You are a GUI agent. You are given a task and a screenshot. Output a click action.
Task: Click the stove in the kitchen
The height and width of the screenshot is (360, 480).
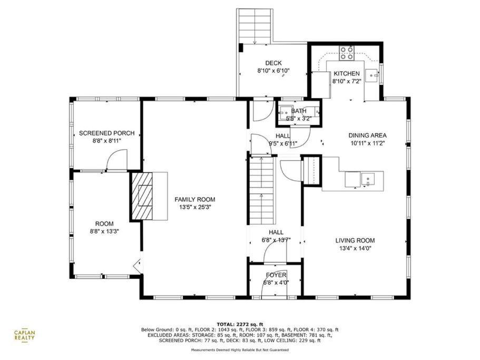pos(346,53)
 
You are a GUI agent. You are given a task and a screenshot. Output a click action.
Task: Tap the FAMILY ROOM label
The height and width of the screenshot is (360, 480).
pos(195,200)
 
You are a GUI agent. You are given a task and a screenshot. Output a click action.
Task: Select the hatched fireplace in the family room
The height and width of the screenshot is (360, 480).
pos(142,196)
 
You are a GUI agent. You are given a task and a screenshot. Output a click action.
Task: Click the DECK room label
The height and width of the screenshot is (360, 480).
pos(273,63)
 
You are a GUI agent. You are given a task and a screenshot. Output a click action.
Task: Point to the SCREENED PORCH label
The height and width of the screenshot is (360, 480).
pos(107,133)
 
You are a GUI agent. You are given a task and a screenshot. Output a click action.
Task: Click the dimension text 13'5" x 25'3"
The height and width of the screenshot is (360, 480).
pos(195,207)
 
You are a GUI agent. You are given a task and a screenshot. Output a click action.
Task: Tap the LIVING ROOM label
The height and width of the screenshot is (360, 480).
pos(355,240)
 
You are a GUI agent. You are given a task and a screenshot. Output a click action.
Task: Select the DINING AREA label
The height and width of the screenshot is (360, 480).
pos(368,135)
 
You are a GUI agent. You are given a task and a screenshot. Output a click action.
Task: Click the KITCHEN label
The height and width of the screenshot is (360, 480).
pos(347,73)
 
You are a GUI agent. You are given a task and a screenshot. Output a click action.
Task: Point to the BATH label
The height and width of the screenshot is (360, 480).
pos(299,111)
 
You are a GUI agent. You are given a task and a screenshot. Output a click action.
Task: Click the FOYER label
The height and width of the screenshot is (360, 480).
pos(276,275)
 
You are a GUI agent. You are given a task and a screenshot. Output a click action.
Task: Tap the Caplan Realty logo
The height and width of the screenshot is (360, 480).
pos(24,335)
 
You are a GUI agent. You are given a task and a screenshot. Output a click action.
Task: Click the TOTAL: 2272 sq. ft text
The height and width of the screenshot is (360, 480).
pos(240,324)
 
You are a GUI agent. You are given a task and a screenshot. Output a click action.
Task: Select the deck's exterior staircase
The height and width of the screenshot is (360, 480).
pos(254,26)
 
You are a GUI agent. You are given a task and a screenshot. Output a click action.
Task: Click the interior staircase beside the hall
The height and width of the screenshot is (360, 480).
pos(261,191)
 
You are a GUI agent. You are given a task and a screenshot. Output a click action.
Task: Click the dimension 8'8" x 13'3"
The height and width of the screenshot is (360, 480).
pos(104,231)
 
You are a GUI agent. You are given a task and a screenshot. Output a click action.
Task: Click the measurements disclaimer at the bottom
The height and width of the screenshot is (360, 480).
pos(240,349)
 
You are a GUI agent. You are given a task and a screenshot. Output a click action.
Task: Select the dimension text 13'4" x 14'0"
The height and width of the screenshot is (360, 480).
pos(355,249)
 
